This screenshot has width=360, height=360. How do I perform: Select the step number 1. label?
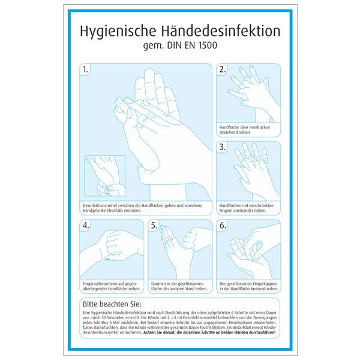coord(86,70)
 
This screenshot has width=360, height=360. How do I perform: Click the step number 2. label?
coord(223,70)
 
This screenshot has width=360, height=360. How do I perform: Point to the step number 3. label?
coord(223,147)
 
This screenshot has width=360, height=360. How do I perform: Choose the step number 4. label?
coord(86,226)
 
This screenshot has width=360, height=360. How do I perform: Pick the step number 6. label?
coord(223,226)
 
